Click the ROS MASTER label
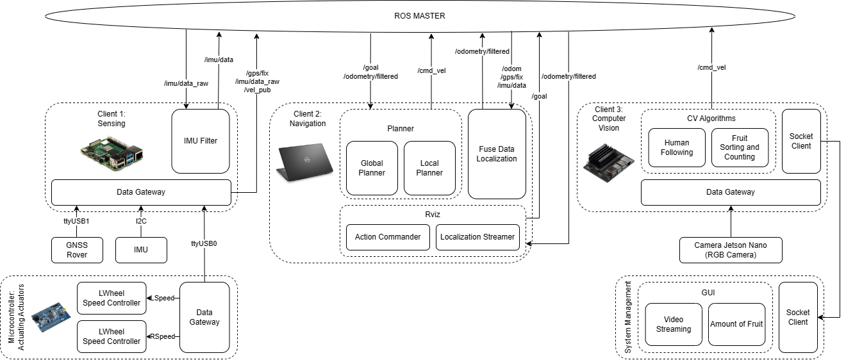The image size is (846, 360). coord(419,15)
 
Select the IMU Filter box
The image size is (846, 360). coord(201,141)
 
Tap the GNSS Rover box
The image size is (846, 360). coord(77,250)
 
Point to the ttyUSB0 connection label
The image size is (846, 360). coord(204,243)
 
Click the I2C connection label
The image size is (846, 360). coord(141,221)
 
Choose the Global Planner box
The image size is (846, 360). coord(372,168)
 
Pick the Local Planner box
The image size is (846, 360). coord(429,168)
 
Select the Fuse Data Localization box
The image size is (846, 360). coord(497,154)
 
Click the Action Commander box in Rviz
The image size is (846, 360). coord(388,237)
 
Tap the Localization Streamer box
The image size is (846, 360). coord(477,237)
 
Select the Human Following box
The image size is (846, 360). coord(677,148)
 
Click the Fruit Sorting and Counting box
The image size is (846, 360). coord(740,148)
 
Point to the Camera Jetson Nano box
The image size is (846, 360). coord(731,250)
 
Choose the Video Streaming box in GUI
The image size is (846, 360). coord(674,324)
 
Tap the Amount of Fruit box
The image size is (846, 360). coord(736,324)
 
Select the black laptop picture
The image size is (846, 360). coord(305,161)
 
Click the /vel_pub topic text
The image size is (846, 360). coord(257,90)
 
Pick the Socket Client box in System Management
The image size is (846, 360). coord(798,317)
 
